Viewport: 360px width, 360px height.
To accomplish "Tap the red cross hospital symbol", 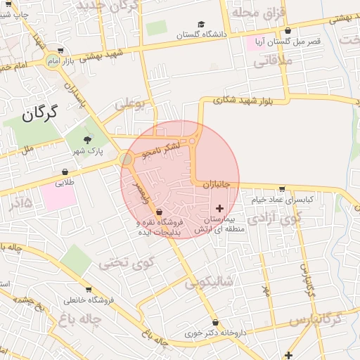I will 220,208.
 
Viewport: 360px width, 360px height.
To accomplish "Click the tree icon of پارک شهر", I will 88,139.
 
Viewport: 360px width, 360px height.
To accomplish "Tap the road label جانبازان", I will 217,184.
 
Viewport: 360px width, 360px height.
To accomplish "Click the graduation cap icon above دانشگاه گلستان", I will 202,25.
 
